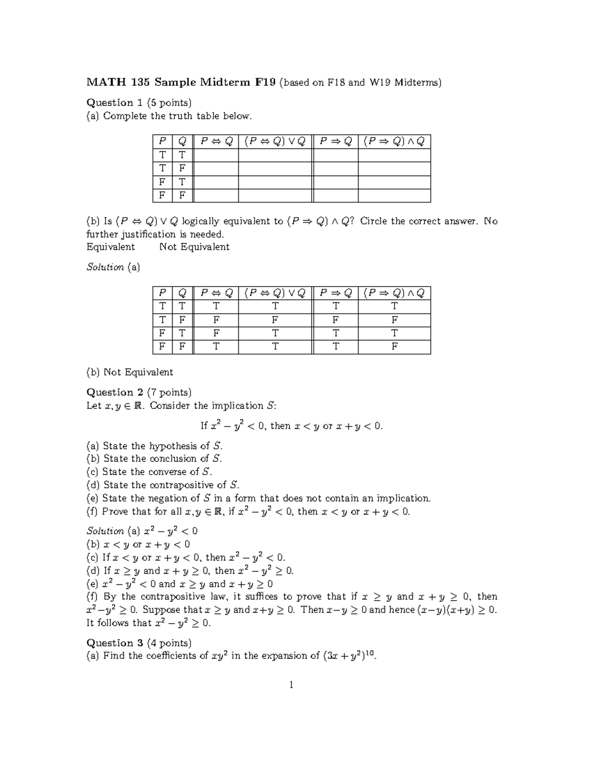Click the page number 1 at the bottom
292,685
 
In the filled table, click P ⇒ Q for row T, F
335,320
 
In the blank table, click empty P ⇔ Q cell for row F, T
216,182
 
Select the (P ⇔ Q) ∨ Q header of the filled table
275,293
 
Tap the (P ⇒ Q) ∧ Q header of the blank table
394,142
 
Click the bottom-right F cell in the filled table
394,347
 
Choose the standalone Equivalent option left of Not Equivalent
111,247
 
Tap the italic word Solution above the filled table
105,267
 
